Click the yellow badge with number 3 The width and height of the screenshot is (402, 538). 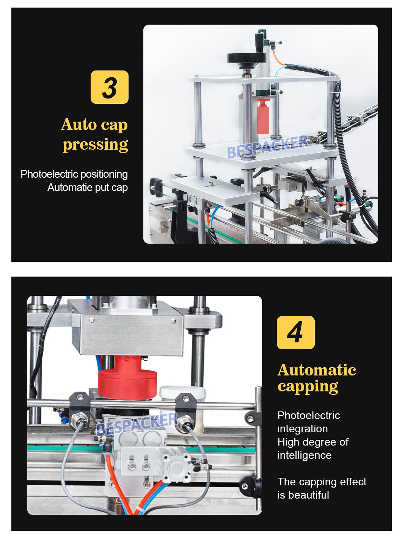point(110,87)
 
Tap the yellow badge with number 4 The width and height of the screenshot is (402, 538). point(295,332)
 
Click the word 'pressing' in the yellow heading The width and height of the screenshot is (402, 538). point(95,144)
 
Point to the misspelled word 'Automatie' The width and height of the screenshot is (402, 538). point(66,188)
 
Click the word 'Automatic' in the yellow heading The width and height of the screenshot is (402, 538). point(317,370)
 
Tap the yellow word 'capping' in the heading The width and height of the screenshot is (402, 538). point(308,386)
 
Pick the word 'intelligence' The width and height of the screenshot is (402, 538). point(304,455)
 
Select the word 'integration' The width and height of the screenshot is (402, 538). point(302,429)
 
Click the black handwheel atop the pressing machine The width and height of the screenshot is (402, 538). point(247,58)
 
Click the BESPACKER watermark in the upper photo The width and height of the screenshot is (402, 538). point(267,147)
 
